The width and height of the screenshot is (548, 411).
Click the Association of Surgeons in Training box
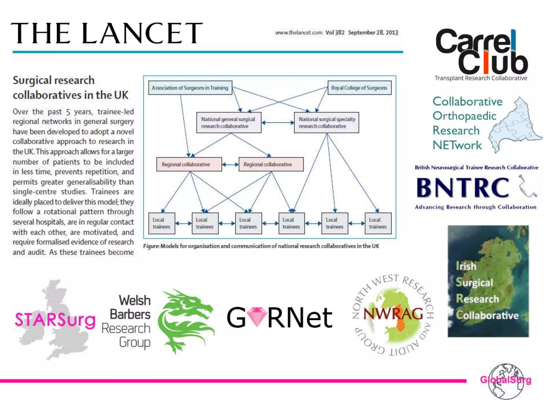tap(190, 88)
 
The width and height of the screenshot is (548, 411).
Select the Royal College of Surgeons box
tap(359, 88)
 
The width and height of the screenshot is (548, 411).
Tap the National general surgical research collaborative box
tap(229, 123)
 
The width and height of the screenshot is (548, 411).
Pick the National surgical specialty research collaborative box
tap(326, 123)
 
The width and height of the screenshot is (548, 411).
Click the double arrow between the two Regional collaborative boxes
tap(230, 165)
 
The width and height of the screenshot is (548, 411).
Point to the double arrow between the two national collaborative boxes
tap(277, 123)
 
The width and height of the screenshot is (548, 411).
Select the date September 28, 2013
tap(373, 32)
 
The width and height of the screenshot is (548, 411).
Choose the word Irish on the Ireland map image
tap(466, 266)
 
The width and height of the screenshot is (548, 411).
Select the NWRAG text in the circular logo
tap(393, 314)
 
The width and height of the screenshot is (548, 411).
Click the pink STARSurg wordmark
tap(55, 320)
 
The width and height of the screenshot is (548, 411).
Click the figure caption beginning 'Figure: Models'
tap(261, 246)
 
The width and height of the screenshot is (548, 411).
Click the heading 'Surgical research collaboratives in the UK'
tap(70, 87)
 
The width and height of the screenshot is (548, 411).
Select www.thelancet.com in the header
tap(298, 32)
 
